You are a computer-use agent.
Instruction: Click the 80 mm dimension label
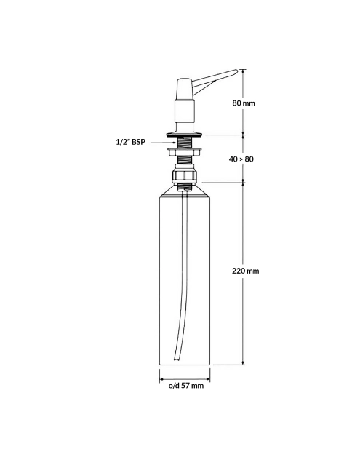[244, 103]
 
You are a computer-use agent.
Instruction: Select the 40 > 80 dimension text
[241, 159]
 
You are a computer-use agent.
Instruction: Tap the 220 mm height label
[245, 271]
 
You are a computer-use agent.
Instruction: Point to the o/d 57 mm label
[186, 386]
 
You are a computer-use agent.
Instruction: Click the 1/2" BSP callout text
[130, 142]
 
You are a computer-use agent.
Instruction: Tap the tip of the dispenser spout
[236, 71]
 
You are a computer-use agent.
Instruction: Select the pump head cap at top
[184, 89]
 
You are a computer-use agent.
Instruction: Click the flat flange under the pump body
[184, 135]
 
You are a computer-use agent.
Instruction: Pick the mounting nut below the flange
[185, 152]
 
